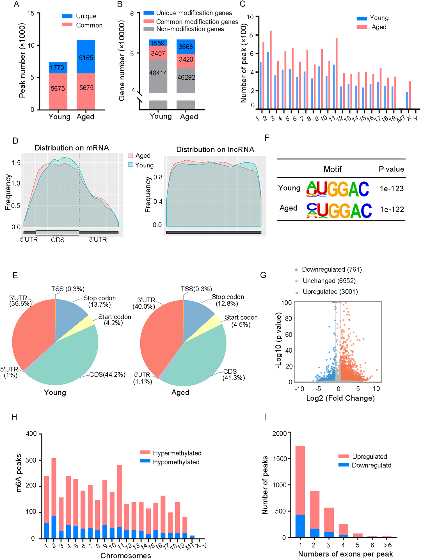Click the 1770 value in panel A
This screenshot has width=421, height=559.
tap(57, 68)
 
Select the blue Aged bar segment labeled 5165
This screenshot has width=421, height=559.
tap(86, 57)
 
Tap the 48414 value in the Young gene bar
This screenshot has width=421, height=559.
tap(158, 73)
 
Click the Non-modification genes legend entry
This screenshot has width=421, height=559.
tap(190, 29)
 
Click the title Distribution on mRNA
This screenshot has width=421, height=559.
tap(72, 148)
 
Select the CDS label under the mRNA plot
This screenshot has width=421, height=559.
tap(58, 240)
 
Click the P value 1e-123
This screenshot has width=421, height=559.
tap(392, 189)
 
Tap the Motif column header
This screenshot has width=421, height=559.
tap(333, 169)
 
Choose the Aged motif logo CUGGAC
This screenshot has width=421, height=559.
tap(339, 211)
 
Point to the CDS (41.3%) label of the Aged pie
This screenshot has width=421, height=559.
tap(234, 375)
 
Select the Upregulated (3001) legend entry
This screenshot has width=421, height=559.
tap(330, 292)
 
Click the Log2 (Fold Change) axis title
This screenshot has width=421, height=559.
tap(340, 398)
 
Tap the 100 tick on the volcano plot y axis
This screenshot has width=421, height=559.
tap(287, 303)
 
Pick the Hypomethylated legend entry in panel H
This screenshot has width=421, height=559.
tap(176, 462)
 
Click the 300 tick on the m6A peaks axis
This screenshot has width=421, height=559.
tap(31, 460)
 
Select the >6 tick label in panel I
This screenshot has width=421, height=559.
tap(387, 545)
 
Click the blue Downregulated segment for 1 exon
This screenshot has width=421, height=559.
tap(300, 526)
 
